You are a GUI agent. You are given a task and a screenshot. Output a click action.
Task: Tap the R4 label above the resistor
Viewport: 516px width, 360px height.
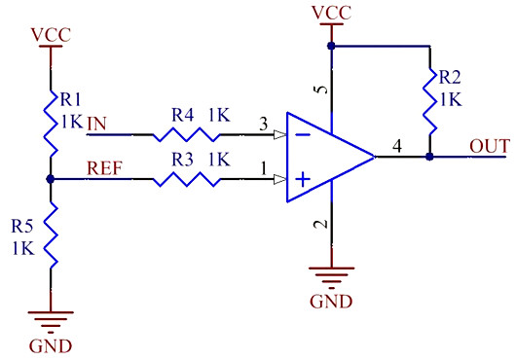pos(184,115)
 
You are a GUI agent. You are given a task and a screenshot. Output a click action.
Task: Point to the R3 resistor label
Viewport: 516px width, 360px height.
pos(184,158)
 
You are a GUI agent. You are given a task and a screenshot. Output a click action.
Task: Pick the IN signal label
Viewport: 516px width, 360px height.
pos(97,124)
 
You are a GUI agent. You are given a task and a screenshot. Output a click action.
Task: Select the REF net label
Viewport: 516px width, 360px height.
pos(104,166)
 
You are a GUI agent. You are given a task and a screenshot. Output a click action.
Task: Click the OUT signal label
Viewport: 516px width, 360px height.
pos(490,146)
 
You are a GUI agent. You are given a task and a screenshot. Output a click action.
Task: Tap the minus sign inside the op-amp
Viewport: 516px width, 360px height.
pos(303,134)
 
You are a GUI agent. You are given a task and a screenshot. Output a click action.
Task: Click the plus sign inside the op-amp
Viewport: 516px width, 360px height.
pos(303,178)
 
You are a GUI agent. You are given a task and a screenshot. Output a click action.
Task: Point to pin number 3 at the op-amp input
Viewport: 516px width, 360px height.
pos(262,124)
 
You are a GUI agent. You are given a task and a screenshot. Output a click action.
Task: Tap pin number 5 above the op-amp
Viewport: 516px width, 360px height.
pos(320,92)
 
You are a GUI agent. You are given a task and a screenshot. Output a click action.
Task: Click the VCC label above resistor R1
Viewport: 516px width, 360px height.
pos(50,35)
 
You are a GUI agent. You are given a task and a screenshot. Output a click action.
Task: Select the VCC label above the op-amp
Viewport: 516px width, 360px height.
pos(331,12)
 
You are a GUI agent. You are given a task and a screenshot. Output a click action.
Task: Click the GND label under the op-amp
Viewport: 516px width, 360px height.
pos(331,300)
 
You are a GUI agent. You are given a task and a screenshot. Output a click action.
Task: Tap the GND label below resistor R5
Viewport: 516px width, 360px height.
pos(50,345)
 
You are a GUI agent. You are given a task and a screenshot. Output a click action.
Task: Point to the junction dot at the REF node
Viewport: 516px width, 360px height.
pos(50,179)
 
